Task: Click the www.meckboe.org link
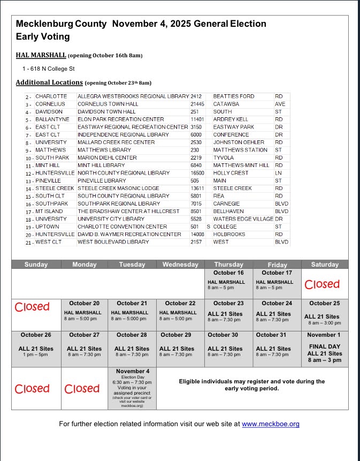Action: coord(270,424)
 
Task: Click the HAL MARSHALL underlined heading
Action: coord(41,55)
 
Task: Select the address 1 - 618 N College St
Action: coord(48,69)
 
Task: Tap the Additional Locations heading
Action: coord(49,82)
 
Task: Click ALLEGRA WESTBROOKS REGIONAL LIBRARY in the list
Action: coord(133,96)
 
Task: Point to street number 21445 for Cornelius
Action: coord(197,104)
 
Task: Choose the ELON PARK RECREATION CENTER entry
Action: coord(121,119)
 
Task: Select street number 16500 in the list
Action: coord(197,173)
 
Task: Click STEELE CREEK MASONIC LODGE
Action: coord(118,188)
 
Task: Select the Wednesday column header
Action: coord(180,264)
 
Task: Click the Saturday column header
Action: coord(325,264)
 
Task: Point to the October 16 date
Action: coord(228,273)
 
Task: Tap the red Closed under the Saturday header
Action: coord(322,284)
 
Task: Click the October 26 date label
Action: coord(36,335)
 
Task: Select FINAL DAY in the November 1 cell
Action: coord(324,346)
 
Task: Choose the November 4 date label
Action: coord(132,371)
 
